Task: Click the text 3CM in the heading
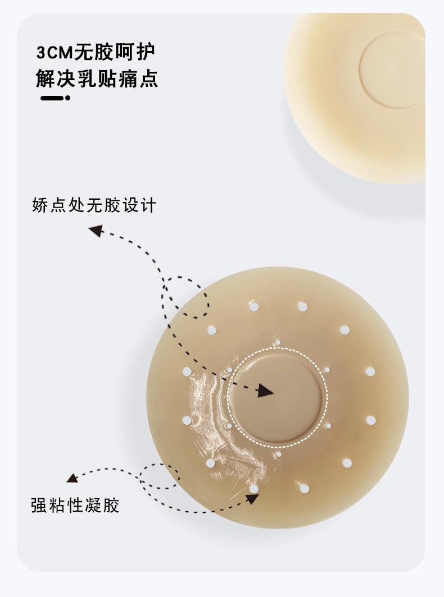55,53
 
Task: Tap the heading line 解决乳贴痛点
97,79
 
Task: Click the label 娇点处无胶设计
94,205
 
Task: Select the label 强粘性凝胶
75,505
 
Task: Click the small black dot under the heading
67,98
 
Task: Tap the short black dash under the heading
52,98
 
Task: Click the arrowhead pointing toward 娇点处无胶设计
96,231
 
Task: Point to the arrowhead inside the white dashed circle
266,391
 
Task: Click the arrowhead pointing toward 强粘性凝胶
72,478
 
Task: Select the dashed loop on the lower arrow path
159,476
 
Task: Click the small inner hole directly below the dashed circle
278,454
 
